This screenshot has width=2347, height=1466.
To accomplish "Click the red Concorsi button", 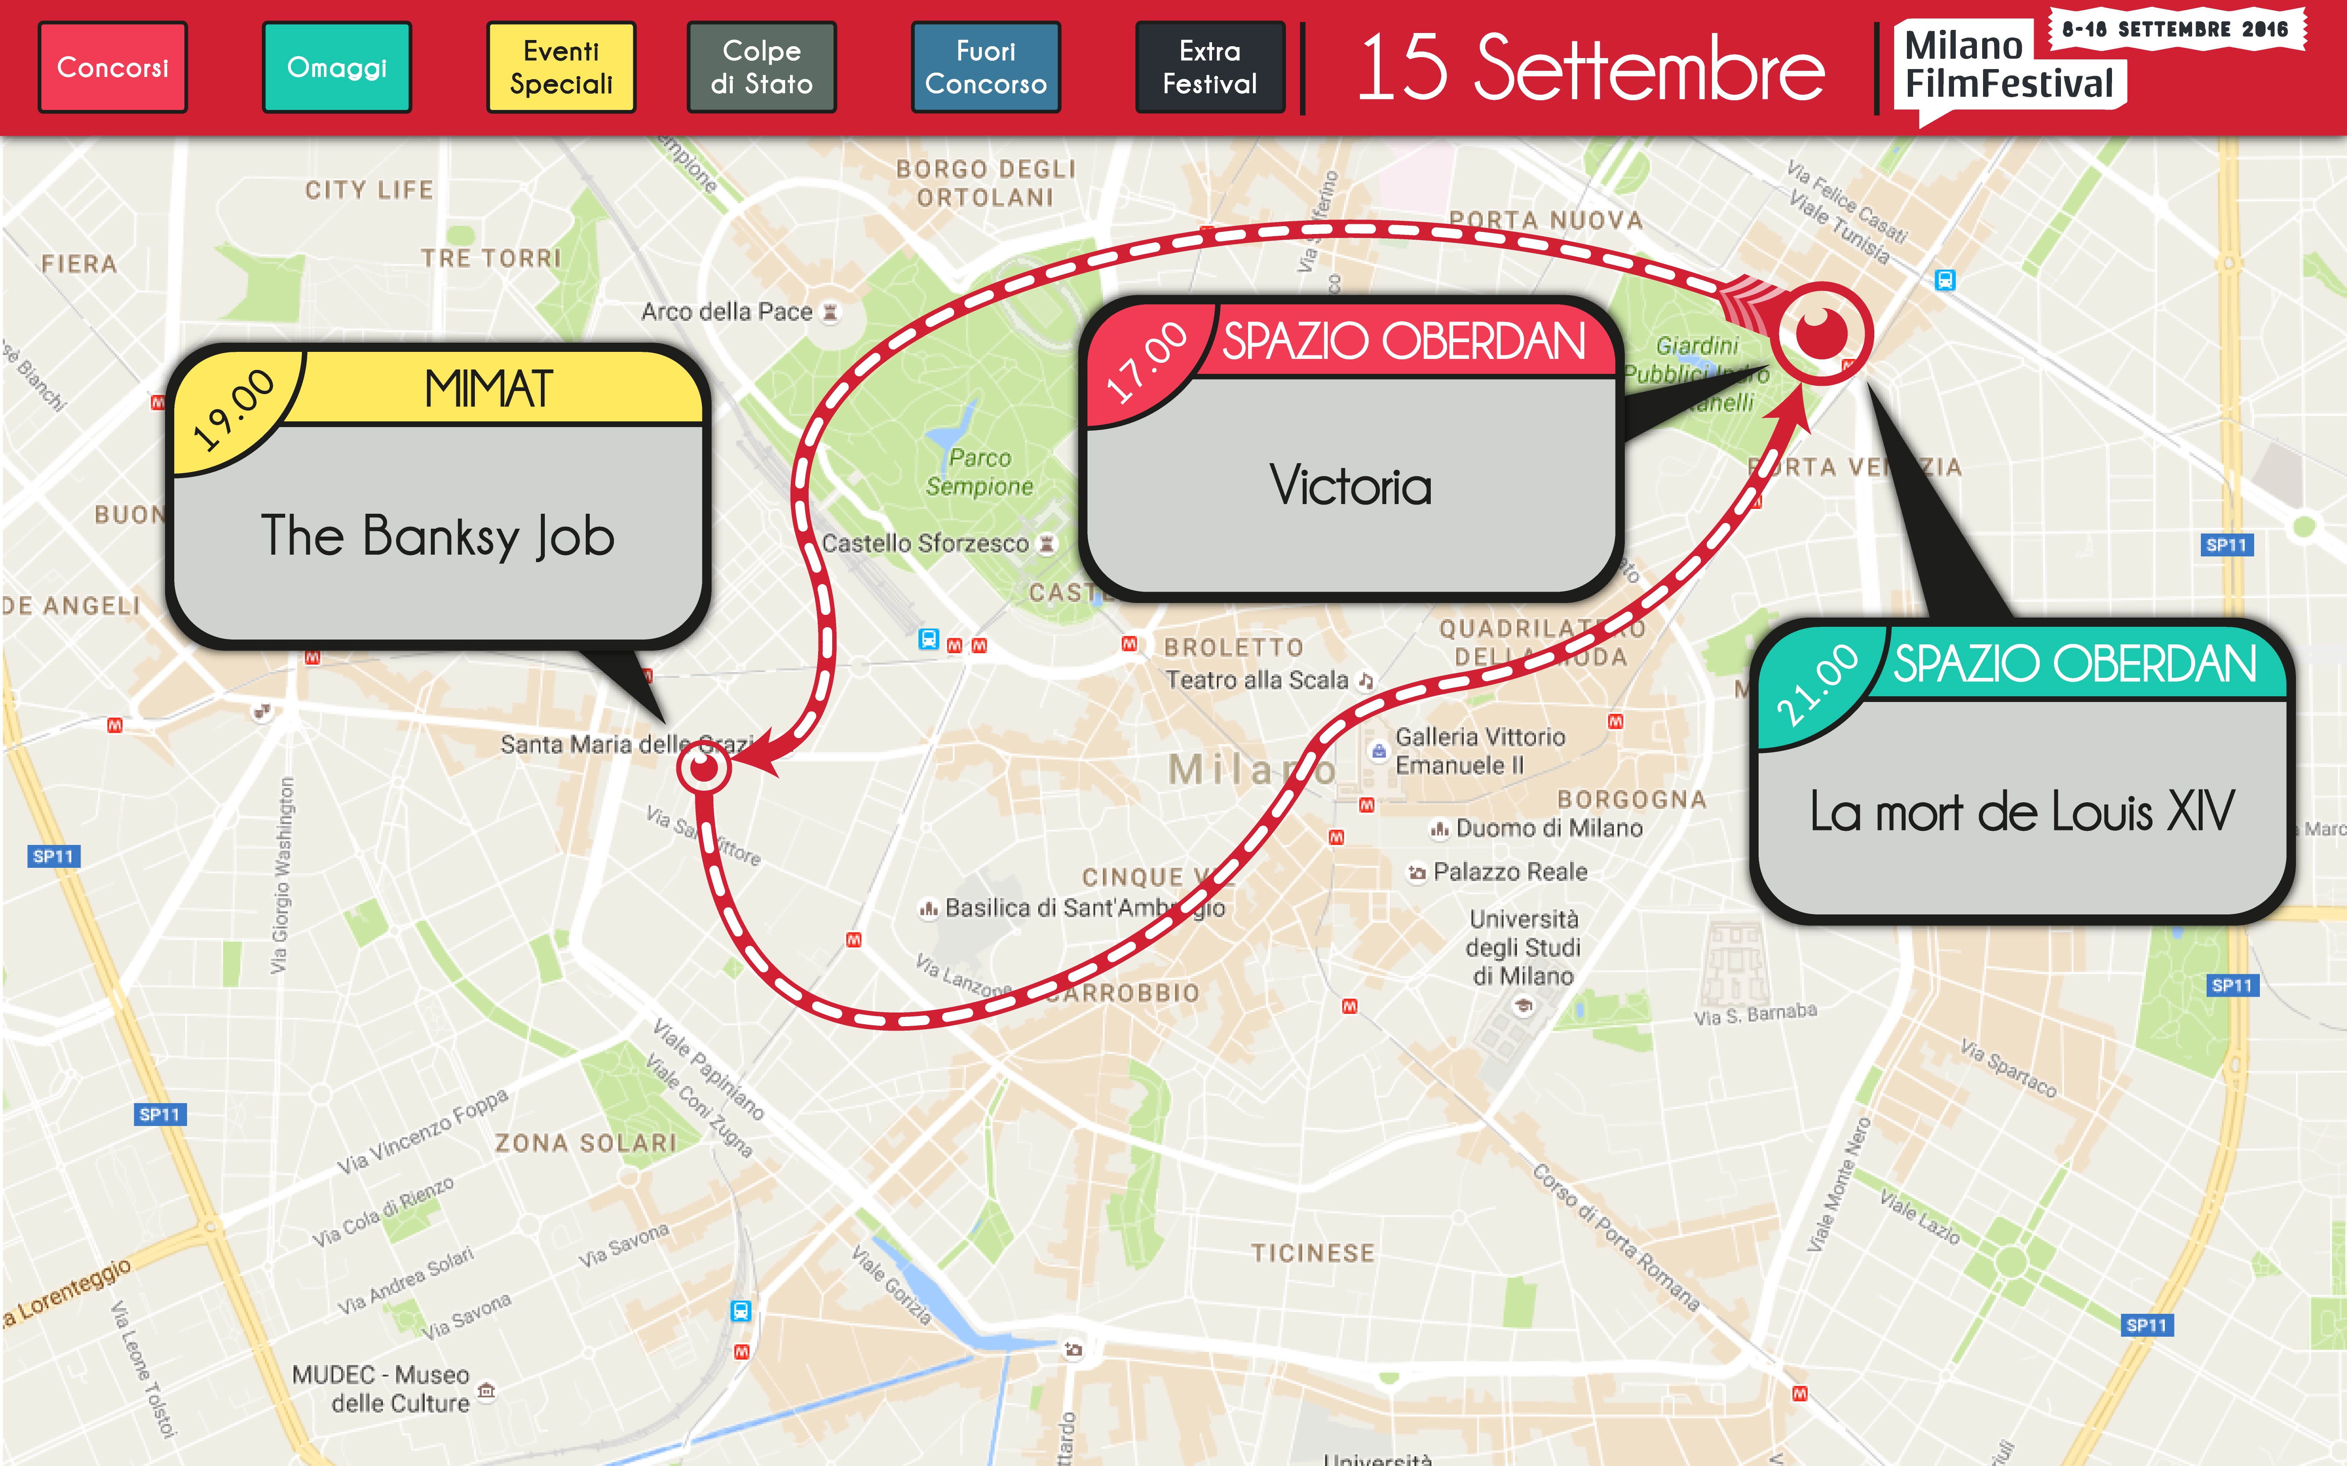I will (113, 67).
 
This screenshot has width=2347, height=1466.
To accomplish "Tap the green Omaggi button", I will (337, 67).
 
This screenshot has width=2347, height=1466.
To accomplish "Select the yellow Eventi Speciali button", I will (561, 67).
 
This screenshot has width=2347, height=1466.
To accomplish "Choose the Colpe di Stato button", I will (761, 67).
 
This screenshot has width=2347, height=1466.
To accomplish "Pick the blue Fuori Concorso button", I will (985, 67).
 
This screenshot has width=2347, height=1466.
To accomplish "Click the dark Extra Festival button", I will (1209, 67).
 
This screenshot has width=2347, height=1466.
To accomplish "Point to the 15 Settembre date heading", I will (1590, 68).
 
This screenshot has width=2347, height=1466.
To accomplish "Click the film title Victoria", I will (1350, 485).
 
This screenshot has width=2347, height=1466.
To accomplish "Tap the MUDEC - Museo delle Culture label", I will (381, 1389).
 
